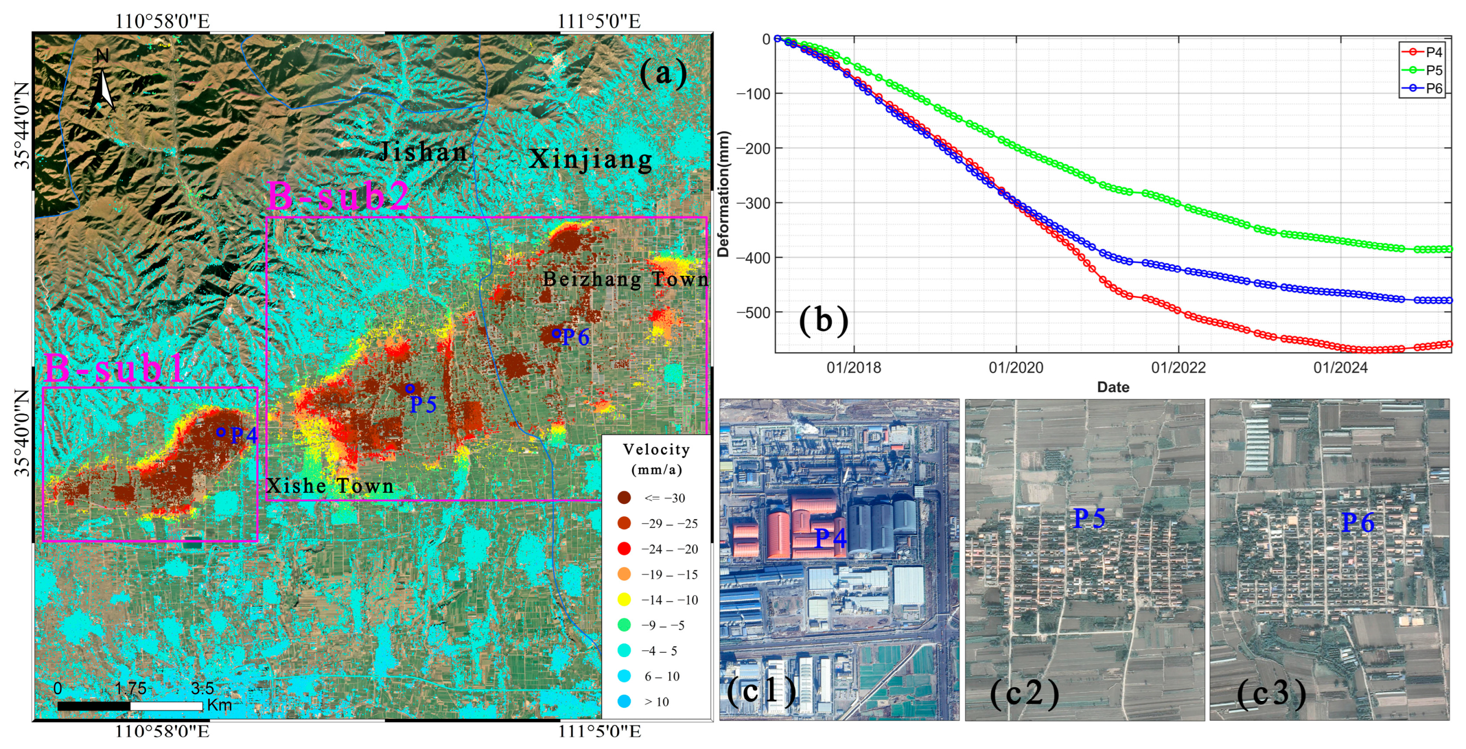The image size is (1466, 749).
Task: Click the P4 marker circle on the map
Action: tap(221, 432)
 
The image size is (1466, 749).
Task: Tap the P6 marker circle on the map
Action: tap(556, 334)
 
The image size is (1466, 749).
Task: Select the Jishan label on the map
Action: tap(423, 152)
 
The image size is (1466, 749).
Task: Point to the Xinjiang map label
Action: tap(591, 159)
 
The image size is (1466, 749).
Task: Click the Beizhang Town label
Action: tap(625, 279)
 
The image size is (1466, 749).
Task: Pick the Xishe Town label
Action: tap(330, 485)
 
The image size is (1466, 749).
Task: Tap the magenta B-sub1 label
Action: tap(114, 368)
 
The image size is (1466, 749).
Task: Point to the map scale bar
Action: tap(130, 706)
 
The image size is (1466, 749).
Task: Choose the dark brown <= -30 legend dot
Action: tap(624, 498)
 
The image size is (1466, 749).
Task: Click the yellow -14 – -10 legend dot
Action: tap(624, 599)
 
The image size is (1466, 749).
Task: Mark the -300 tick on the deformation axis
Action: tap(753, 203)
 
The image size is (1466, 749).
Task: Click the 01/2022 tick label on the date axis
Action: tap(1178, 368)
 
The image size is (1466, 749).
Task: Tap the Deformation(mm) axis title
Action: tap(723, 194)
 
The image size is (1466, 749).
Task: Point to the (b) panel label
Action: tap(823, 321)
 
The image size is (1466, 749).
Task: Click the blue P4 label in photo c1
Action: tap(830, 538)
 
